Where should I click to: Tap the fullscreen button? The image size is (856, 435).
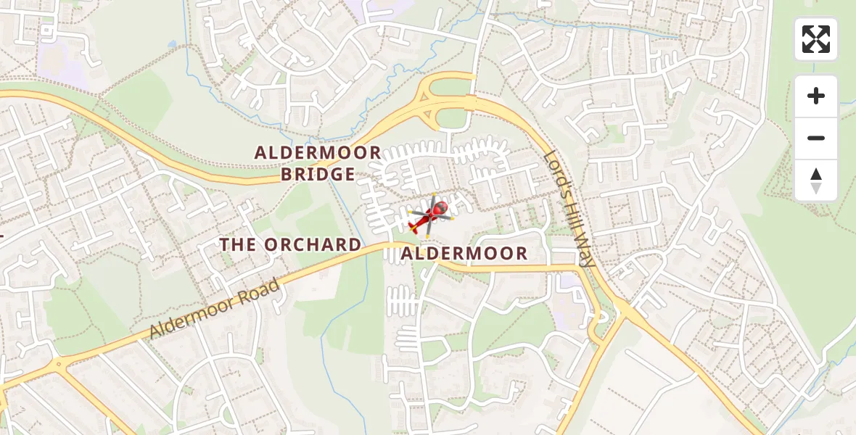[815, 39]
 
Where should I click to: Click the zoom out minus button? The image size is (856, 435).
[815, 138]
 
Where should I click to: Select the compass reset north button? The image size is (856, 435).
[815, 181]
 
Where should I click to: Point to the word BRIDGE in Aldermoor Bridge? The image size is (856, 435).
[318, 175]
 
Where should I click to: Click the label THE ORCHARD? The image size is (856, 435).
[290, 245]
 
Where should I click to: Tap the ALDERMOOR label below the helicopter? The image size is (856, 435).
[464, 254]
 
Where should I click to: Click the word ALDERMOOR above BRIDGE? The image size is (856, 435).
[318, 153]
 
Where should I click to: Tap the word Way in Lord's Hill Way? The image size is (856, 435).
[585, 252]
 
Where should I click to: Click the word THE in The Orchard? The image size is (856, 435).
[238, 245]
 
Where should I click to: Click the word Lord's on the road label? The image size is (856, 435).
[555, 171]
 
